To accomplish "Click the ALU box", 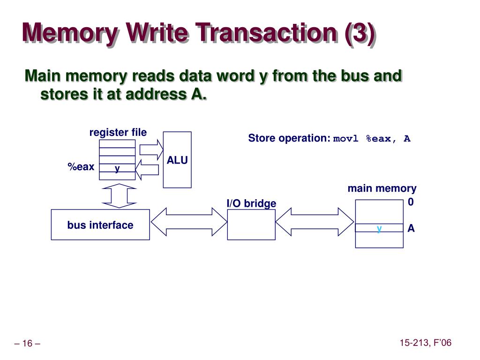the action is pyautogui.click(x=177, y=160).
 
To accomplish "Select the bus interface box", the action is pyautogui.click(x=100, y=225).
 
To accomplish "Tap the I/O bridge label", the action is pyautogui.click(x=251, y=203).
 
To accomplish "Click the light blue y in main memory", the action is pyautogui.click(x=379, y=229).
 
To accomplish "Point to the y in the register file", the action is pyautogui.click(x=117, y=168).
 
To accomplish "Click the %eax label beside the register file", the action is pyautogui.click(x=81, y=167).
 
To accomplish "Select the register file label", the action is pyautogui.click(x=118, y=133).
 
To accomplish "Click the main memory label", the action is pyautogui.click(x=382, y=188).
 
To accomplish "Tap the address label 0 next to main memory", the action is pyautogui.click(x=411, y=202).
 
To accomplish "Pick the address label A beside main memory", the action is pyautogui.click(x=411, y=228).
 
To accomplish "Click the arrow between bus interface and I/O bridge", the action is pyautogui.click(x=189, y=222).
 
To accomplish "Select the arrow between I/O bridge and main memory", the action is pyautogui.click(x=315, y=222).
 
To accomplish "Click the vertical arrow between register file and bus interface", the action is pyautogui.click(x=119, y=196).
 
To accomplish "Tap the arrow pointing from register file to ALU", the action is pyautogui.click(x=151, y=150).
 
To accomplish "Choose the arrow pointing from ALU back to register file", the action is pyautogui.click(x=147, y=170).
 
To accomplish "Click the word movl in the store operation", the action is pyautogui.click(x=345, y=139).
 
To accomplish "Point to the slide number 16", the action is pyautogui.click(x=27, y=344).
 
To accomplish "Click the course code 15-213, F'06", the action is pyautogui.click(x=426, y=343).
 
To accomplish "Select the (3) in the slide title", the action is pyautogui.click(x=360, y=33).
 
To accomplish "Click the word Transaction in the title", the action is pyautogui.click(x=266, y=32).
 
